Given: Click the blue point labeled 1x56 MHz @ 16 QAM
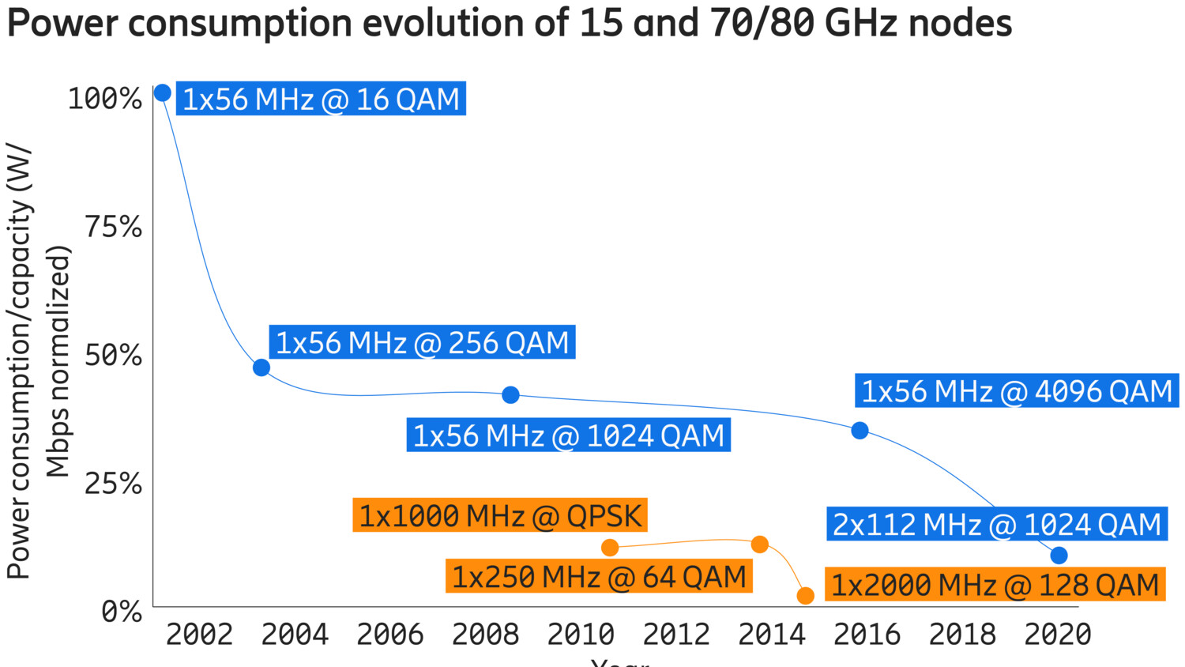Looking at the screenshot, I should pos(162,93).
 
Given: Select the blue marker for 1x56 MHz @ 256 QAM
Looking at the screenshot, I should pos(261,367).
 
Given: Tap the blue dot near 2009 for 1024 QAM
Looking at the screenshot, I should pos(511,394).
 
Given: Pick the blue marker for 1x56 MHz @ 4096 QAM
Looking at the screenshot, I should pos(860,431).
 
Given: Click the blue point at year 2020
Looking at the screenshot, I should pos(1059,556).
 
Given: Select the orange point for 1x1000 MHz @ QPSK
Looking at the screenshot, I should pos(610,548).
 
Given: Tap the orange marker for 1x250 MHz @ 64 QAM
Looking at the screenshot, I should pos(760,545).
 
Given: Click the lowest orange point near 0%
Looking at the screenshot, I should pos(805,596).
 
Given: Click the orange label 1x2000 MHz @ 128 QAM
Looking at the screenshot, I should pos(995,585).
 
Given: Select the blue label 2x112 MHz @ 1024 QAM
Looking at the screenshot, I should pos(997,524).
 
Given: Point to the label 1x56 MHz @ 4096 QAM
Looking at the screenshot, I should pos(1017,391).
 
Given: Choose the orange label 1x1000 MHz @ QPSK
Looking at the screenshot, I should pos(500,515).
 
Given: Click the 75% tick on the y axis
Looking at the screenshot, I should pos(113,227).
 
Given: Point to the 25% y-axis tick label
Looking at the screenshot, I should pos(113,483).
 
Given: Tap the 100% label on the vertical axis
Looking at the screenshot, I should pos(105,99).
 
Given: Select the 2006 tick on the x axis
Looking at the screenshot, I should pos(390,634).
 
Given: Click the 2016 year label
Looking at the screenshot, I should pos(867,634).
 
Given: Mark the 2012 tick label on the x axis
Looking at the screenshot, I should pos(676,634).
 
